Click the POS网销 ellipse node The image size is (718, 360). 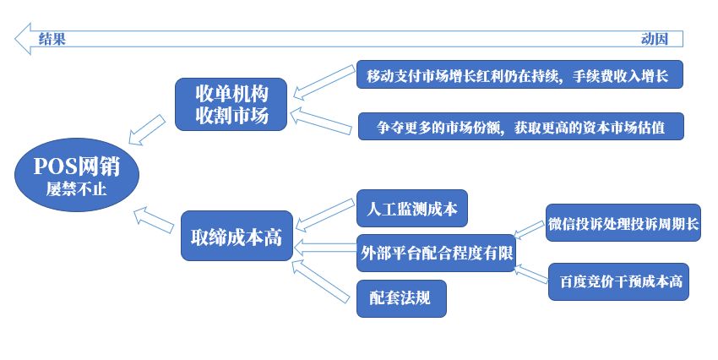tap(77, 175)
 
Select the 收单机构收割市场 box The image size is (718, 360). tap(231, 105)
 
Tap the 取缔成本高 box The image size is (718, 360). tap(237, 236)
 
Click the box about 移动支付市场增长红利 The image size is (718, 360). tap(519, 74)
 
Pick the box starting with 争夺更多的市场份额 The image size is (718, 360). tap(520, 127)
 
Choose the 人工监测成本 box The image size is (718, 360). tap(412, 209)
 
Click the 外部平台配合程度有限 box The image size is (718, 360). tap(437, 253)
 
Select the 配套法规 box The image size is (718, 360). tap(401, 298)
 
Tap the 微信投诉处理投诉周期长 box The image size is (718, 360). tap(623, 223)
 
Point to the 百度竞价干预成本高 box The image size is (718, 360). tap(618, 281)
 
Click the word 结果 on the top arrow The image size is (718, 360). tap(52, 39)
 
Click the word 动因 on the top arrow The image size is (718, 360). tap(655, 39)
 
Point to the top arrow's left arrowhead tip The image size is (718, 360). tap(14, 39)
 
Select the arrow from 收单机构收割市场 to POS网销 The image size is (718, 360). tap(147, 129)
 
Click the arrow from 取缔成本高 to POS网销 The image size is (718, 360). tap(154, 220)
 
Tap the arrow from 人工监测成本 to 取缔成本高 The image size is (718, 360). tap(325, 215)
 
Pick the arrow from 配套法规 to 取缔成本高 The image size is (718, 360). tap(321, 281)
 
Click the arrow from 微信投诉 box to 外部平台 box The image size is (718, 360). tap(529, 230)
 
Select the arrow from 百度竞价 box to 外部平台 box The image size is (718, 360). tap(530, 274)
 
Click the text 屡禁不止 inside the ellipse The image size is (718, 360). tap(76, 188)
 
